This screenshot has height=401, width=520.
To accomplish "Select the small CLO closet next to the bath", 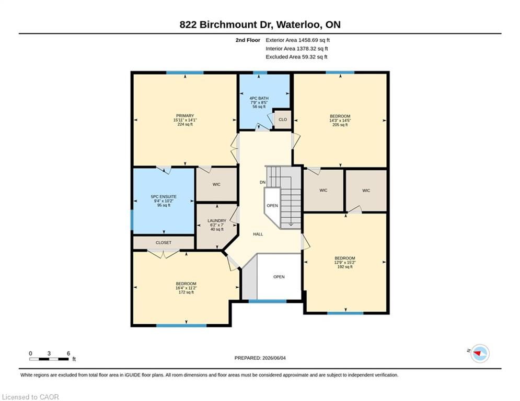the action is click(283, 119).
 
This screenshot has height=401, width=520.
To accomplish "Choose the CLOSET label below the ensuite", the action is click(164, 243).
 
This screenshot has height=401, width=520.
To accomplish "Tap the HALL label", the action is click(258, 234).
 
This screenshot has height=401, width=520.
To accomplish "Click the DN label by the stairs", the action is click(263, 182).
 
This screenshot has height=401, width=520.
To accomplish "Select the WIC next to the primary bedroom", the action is click(216, 184).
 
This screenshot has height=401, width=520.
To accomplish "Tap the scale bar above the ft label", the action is click(49, 359).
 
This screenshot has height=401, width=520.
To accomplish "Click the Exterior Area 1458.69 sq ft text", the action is click(297, 40).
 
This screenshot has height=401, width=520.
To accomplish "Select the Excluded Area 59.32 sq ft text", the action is click(296, 57).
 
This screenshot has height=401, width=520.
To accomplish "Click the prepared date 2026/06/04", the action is click(274, 358).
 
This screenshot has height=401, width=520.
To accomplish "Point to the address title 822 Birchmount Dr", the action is click(225, 25).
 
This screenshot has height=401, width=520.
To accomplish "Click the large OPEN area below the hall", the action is click(279, 277).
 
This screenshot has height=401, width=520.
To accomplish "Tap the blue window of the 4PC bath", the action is click(260, 73).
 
